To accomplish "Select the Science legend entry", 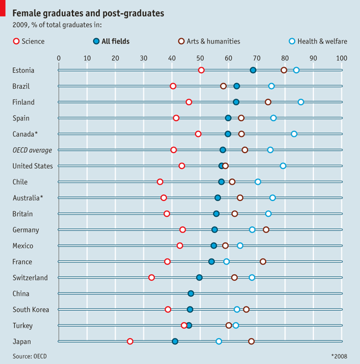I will (x=28, y=41).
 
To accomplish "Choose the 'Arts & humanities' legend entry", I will (x=209, y=41).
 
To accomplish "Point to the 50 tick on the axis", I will (x=200, y=58).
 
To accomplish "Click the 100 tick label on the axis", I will (x=341, y=58).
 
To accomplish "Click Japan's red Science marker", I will (x=130, y=342).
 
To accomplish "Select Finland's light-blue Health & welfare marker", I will (x=301, y=102).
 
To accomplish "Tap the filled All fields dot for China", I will (x=191, y=293).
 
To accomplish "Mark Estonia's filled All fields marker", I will (x=253, y=70).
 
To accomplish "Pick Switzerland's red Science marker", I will (x=151, y=277).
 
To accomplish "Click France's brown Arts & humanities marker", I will (x=263, y=262).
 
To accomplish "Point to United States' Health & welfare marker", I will (x=283, y=165).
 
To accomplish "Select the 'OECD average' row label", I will (x=32, y=150).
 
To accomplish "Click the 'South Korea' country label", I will (x=31, y=309).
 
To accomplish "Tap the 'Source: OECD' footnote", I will (x=30, y=356).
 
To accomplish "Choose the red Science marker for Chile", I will (x=160, y=182).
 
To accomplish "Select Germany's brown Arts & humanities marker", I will (x=266, y=230).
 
